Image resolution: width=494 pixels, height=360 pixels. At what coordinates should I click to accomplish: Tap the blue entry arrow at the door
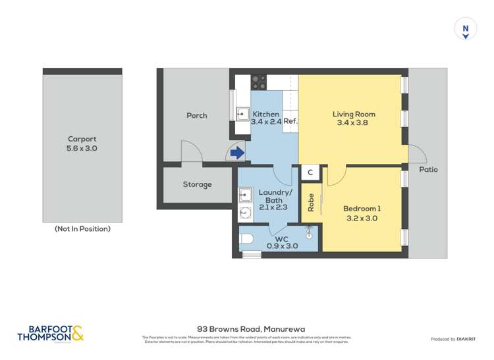(x=237, y=153)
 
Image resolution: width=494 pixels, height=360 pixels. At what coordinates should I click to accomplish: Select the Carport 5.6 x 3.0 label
(x=82, y=144)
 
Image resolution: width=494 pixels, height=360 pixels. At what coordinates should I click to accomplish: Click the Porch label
(x=197, y=115)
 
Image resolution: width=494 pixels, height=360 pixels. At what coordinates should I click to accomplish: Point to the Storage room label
(x=197, y=184)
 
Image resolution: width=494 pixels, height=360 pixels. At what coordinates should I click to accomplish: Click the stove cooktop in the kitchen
(x=259, y=82)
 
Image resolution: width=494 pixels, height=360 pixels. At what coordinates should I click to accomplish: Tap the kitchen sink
(x=242, y=114)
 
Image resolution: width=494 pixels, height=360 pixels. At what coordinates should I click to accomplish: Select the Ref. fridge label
(x=291, y=121)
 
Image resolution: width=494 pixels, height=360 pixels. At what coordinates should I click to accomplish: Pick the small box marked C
(x=310, y=172)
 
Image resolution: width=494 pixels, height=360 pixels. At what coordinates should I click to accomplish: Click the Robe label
(x=311, y=201)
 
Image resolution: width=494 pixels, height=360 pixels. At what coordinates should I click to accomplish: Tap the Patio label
(x=428, y=169)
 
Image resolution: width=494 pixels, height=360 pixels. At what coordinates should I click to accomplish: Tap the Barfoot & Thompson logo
(x=51, y=334)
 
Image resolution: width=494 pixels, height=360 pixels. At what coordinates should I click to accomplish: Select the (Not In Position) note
(x=82, y=229)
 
